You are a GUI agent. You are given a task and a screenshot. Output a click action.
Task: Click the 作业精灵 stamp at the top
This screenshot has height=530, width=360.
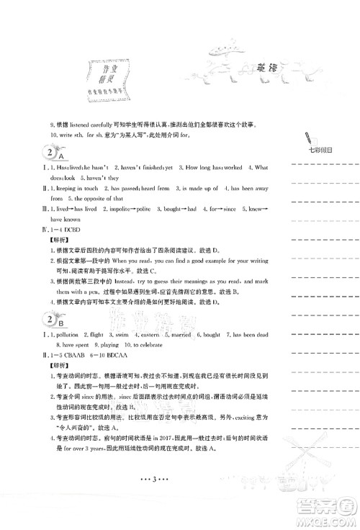(x=109, y=74)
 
